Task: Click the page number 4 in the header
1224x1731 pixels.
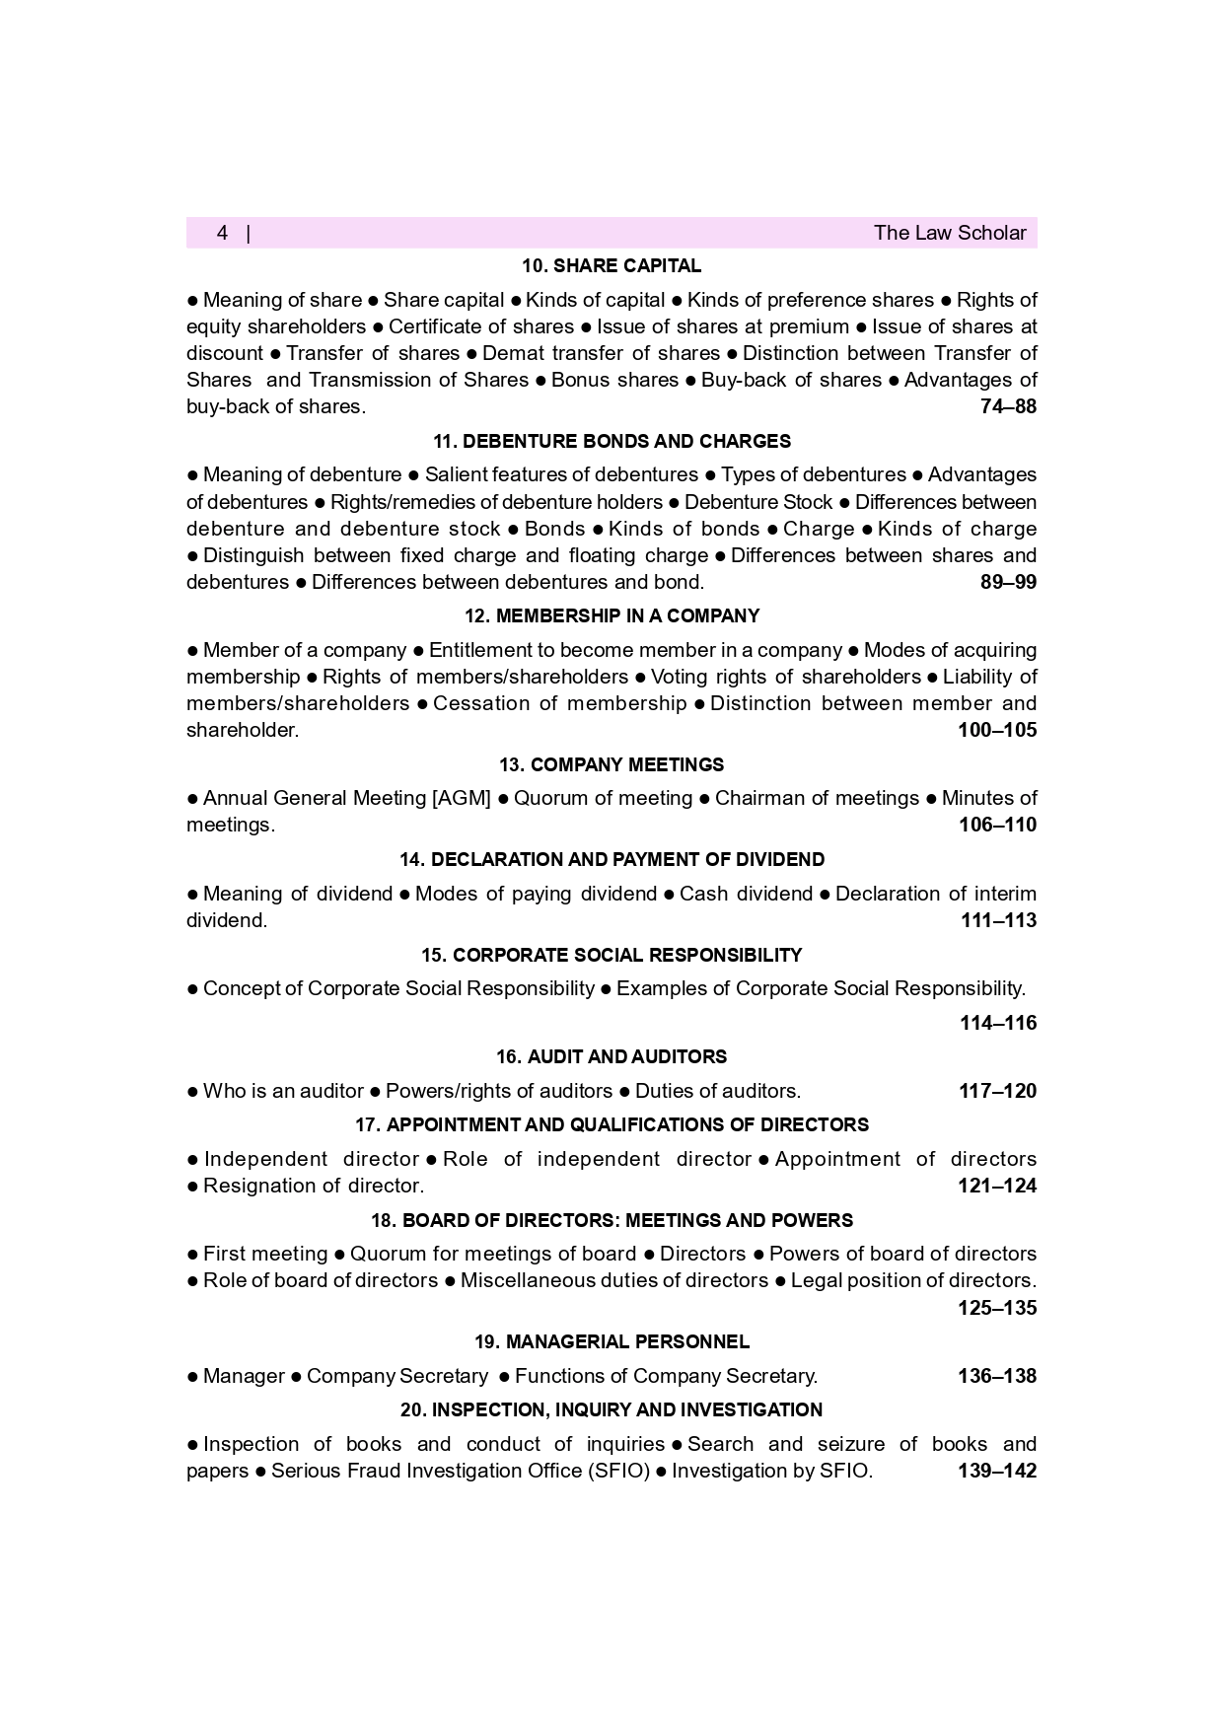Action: click(223, 233)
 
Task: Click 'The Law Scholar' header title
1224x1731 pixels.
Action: click(949, 233)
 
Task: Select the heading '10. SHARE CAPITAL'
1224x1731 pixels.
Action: click(612, 266)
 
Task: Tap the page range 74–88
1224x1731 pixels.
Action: click(1008, 406)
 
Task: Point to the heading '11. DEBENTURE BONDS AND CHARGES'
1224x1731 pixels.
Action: click(612, 441)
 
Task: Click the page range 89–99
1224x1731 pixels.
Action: click(1008, 582)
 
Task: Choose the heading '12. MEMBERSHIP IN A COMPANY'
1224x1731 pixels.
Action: click(612, 616)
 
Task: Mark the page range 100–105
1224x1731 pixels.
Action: click(997, 730)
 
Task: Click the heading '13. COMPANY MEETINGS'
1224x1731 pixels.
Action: click(612, 764)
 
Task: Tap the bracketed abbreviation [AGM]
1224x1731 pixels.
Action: click(462, 798)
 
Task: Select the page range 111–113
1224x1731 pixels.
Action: click(998, 920)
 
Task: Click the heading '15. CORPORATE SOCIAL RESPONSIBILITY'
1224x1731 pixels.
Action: click(612, 955)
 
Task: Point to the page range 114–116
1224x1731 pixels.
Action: click(998, 1023)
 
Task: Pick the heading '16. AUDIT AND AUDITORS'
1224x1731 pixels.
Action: click(612, 1056)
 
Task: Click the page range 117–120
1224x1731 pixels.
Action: click(997, 1091)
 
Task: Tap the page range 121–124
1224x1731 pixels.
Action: click(997, 1186)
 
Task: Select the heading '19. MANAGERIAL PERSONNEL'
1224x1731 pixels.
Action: click(612, 1341)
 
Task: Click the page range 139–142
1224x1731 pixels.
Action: click(997, 1471)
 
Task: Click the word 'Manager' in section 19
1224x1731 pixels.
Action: click(244, 1376)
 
